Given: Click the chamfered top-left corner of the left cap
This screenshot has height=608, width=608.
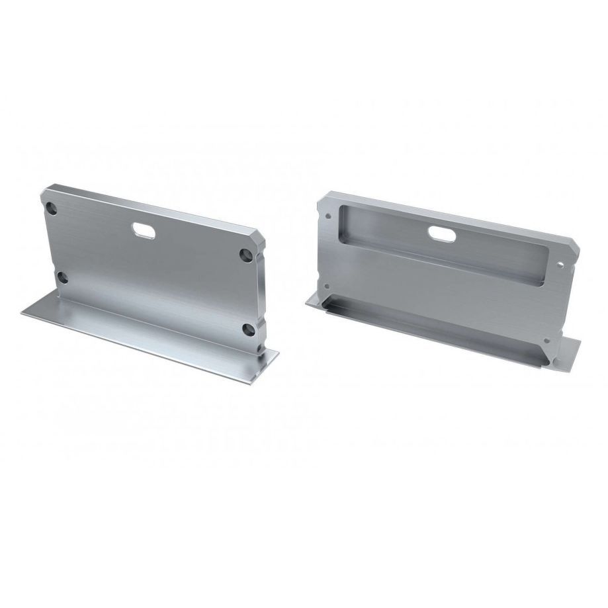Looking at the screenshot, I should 42,194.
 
